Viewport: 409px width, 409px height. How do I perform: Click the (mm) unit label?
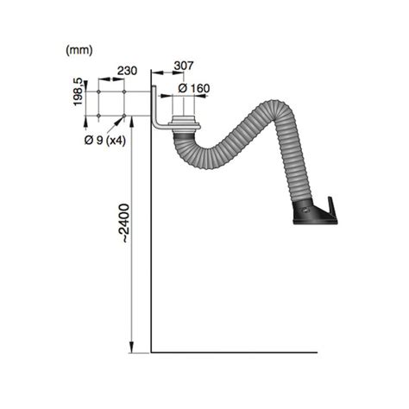click(79, 51)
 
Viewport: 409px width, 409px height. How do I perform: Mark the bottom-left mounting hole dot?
click(101, 114)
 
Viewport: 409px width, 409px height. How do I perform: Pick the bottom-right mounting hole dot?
click(126, 114)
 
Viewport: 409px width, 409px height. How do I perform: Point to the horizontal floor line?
click(233, 352)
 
